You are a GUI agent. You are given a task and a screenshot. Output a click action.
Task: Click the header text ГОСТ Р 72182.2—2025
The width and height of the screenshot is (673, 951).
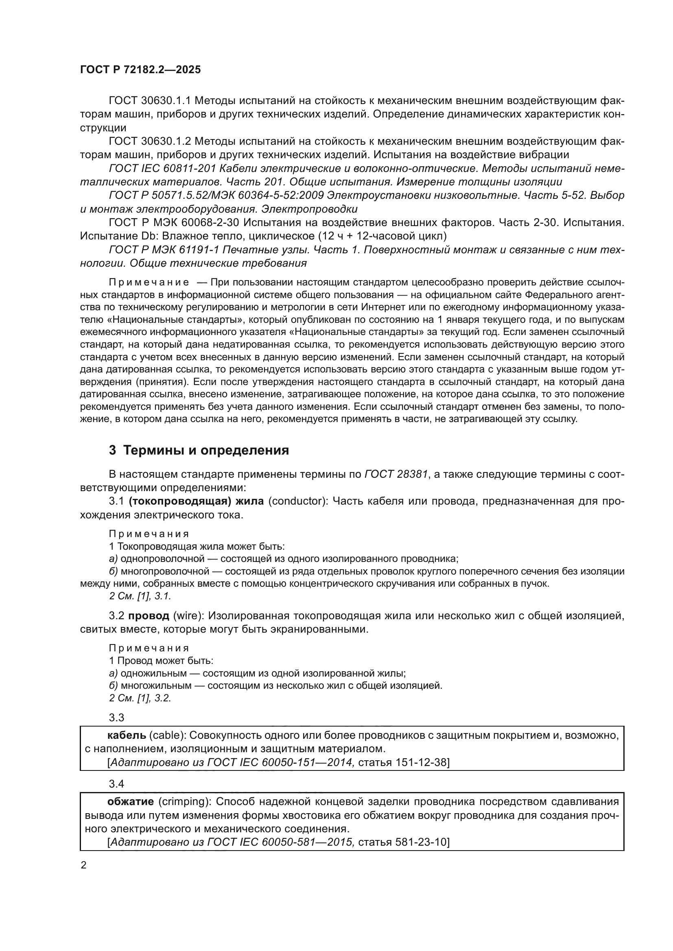140,70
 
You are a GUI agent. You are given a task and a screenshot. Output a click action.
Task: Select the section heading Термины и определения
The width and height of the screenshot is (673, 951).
206,450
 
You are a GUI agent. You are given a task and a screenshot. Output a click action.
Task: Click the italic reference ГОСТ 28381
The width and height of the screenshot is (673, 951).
396,474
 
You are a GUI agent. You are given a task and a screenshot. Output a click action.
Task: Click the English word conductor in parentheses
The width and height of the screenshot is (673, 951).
295,501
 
